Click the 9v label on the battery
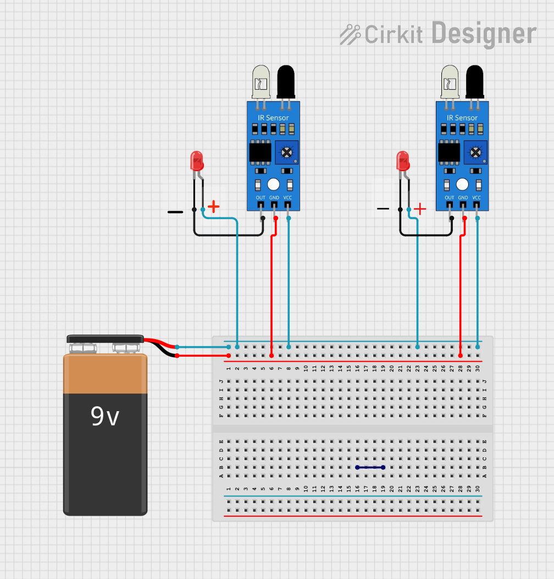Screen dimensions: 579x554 (105, 417)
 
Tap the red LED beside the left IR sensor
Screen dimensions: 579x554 (197, 161)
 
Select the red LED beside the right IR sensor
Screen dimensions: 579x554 (403, 161)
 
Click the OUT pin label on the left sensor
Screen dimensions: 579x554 (261, 198)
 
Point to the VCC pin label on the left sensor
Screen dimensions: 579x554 (287, 198)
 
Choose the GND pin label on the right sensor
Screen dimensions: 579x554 (463, 198)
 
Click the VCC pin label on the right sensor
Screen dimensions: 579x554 (477, 198)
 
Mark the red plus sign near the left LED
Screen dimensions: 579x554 (213, 207)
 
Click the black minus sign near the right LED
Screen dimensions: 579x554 (383, 209)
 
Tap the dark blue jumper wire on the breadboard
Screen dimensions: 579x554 (370, 467)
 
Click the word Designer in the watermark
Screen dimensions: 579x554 (484, 34)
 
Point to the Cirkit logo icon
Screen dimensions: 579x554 (350, 34)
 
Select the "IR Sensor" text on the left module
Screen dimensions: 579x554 (273, 118)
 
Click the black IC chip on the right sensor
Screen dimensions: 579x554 (448, 152)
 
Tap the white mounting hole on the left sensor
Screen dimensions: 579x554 (273, 184)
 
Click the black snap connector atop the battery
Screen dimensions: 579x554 (105, 339)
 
